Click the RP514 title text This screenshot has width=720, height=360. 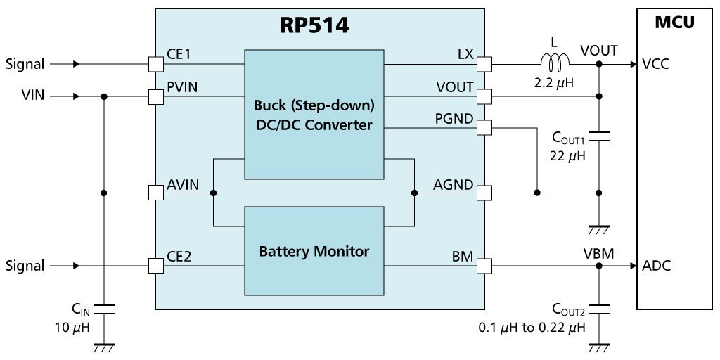314,25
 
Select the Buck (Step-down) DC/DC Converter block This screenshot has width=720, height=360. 314,115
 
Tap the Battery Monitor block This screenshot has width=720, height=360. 314,251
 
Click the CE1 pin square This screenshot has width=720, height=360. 156,64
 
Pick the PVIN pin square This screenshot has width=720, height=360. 156,96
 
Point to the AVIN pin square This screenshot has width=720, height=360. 156,193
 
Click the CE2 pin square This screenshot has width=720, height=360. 156,265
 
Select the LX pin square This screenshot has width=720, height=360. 484,64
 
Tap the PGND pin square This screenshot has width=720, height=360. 484,128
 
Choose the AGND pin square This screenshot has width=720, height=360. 484,193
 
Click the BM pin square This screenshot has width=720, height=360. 484,265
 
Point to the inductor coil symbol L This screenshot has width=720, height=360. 555,63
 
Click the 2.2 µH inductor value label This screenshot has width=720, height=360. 555,85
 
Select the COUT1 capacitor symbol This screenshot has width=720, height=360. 599,136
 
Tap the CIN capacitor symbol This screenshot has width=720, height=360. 104,308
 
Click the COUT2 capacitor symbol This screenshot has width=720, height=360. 599,308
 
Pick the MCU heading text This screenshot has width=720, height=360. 674,22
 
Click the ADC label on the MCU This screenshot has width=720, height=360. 657,265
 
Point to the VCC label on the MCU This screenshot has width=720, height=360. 656,64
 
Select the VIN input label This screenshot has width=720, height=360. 33,96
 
